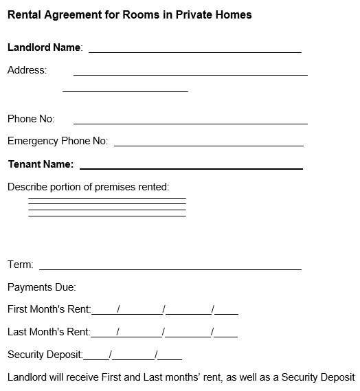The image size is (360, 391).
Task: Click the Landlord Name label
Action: pos(44,47)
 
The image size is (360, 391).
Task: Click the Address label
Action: pos(27,70)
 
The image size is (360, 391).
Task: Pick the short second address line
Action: pos(125,91)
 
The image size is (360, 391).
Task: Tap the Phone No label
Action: pos(31,119)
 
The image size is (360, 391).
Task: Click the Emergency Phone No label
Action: pos(58,141)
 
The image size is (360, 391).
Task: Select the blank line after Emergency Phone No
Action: pos(209,144)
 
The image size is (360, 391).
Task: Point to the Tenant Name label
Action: pos(40,164)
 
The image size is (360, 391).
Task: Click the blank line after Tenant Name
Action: pos(191,168)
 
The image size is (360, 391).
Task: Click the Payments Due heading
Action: pos(42,287)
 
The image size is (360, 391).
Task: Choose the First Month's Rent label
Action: pos(49,309)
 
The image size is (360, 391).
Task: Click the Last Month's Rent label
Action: pos(49,332)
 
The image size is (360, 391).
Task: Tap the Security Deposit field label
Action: pos(45,355)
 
